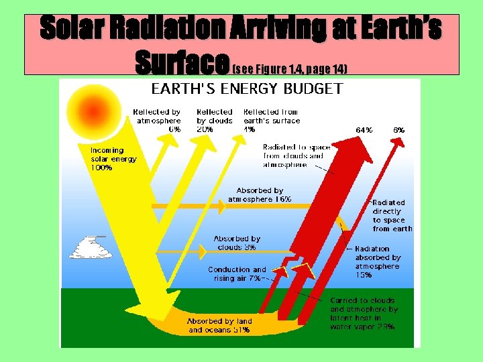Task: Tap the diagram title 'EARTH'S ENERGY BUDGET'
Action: click(247, 88)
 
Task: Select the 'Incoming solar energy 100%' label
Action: click(113, 160)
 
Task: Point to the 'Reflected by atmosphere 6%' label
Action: click(157, 121)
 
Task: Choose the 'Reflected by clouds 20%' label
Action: click(215, 121)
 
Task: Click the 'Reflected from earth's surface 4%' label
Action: click(272, 121)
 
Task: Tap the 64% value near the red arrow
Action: click(364, 130)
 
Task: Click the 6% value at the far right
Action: click(398, 130)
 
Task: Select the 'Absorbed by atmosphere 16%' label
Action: click(260, 195)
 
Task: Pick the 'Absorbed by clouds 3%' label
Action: click(237, 243)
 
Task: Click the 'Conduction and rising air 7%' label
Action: click(237, 274)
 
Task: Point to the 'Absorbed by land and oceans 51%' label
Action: click(219, 326)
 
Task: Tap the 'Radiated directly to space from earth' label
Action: click(392, 215)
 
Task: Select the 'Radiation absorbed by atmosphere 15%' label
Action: click(378, 262)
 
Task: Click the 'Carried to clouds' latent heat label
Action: click(363, 314)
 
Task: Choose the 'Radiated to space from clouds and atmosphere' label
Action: click(293, 156)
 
